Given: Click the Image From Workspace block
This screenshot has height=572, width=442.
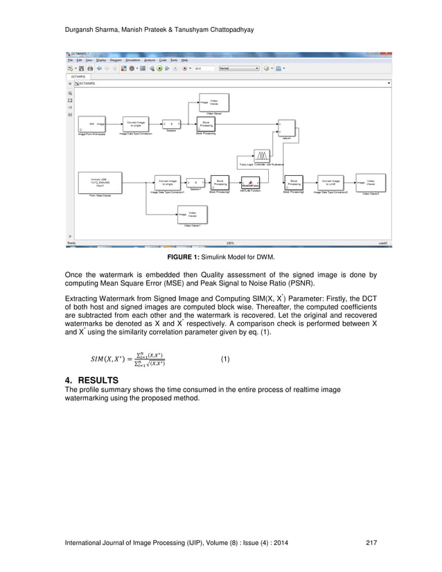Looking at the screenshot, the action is (91, 124).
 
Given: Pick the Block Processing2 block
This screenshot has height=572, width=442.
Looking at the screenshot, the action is (294, 182).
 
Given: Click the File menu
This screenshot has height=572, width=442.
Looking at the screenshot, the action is (71, 60).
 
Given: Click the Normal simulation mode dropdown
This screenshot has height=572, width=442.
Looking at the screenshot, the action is (238, 69).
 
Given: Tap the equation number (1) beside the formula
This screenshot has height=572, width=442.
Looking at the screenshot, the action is (224, 359).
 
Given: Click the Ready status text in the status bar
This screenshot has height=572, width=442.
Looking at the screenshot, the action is (71, 243).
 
